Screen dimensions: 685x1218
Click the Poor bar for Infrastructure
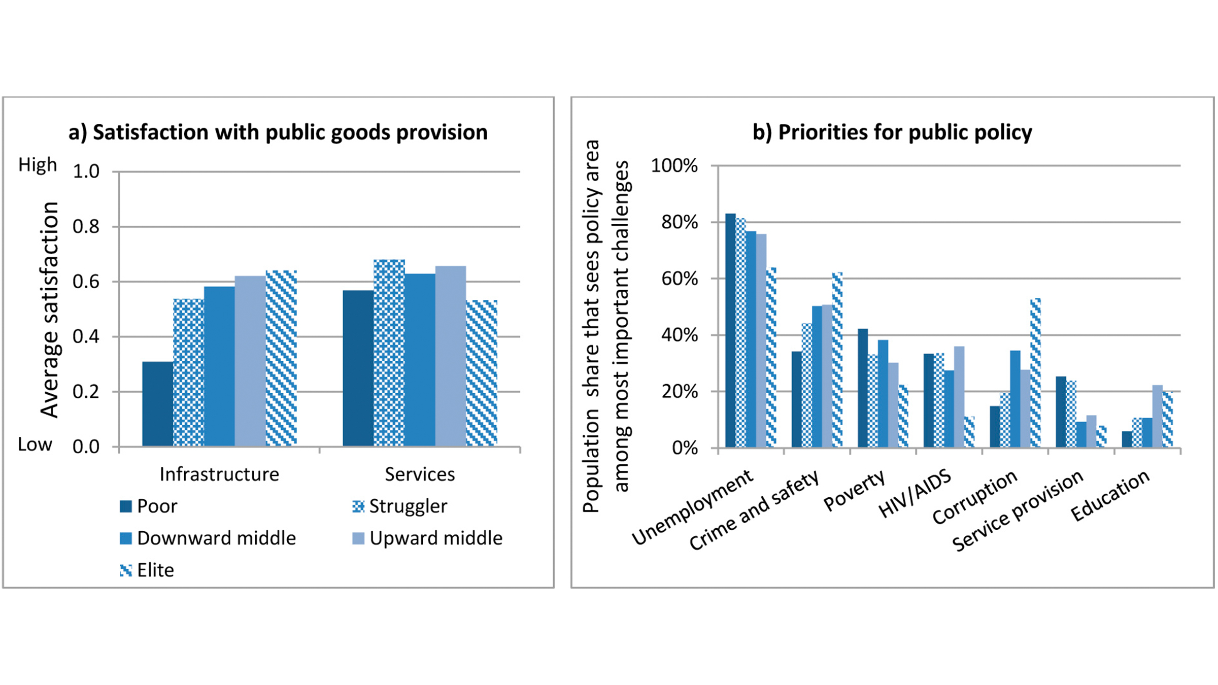point(157,404)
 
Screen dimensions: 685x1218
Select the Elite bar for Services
point(481,373)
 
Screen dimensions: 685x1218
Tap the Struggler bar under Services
point(389,353)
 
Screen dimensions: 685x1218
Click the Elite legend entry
point(147,570)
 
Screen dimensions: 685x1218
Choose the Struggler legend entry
point(400,506)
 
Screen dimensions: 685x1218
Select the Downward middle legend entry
point(208,538)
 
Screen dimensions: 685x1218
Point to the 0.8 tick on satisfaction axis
point(86,227)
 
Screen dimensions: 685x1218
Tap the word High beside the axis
point(38,165)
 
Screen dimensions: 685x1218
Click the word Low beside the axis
point(35,445)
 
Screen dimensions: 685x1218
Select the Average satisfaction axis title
point(50,310)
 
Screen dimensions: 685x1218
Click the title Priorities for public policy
point(892,132)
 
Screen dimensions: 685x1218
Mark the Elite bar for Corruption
point(1035,373)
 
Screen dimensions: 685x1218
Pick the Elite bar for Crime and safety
point(837,360)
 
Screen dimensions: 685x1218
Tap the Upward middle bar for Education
point(1157,416)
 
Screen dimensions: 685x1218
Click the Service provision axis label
point(1018,510)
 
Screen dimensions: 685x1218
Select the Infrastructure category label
point(219,474)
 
